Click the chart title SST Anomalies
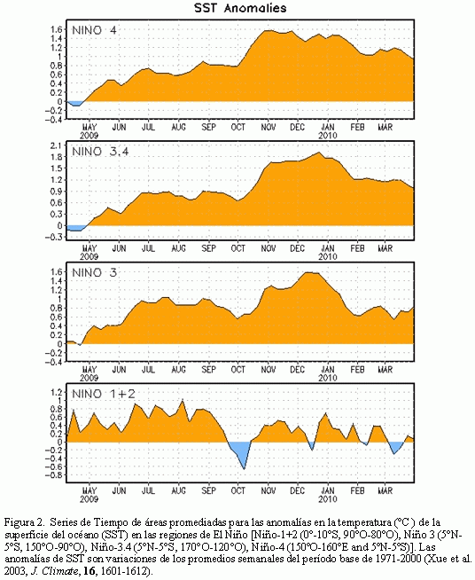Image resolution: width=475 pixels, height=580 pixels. pyautogui.click(x=240, y=8)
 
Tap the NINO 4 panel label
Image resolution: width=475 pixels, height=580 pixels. pyautogui.click(x=94, y=30)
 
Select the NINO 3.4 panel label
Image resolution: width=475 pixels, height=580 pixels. pyautogui.click(x=100, y=152)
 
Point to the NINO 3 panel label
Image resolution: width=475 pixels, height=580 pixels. pyautogui.click(x=94, y=272)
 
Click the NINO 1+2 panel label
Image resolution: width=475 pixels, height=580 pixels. pyautogui.click(x=104, y=394)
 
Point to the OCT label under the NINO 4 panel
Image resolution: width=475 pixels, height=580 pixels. pyautogui.click(x=238, y=127)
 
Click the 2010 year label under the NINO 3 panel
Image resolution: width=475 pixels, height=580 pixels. pyautogui.click(x=328, y=378)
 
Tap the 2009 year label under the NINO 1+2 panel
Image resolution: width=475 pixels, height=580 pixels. pyautogui.click(x=90, y=499)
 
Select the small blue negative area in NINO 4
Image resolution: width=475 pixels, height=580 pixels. pyautogui.click(x=76, y=103)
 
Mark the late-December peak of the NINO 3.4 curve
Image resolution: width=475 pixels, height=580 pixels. pyautogui.click(x=319, y=153)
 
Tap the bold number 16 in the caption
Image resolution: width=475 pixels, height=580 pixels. pyautogui.click(x=90, y=571)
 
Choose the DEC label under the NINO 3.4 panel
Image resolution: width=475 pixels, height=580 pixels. pyautogui.click(x=297, y=248)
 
